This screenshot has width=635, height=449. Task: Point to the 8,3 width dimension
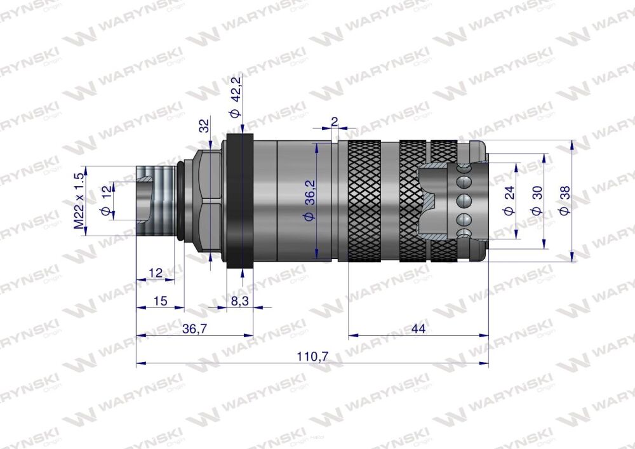coord(239,301)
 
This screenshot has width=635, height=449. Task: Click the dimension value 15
coord(160,301)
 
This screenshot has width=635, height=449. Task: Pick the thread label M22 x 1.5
coord(79,201)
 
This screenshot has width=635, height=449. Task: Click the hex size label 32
coord(204,125)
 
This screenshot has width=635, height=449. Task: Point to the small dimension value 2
coord(334,121)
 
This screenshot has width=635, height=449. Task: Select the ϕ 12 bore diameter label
coord(107,201)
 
